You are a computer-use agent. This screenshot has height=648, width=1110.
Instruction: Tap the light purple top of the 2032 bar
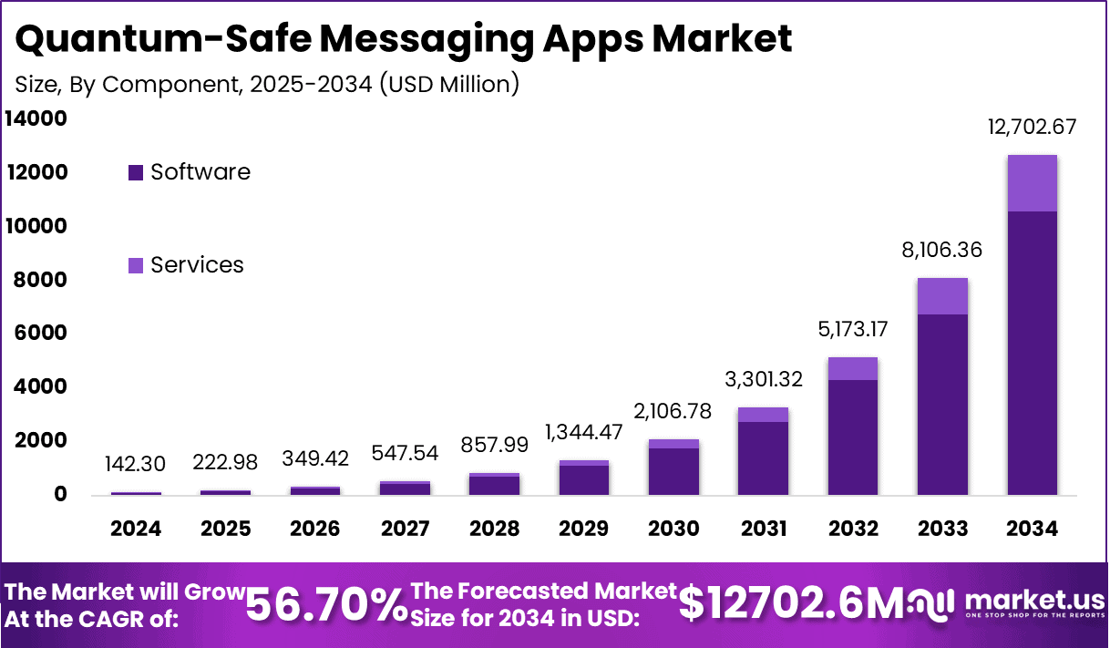click(x=853, y=368)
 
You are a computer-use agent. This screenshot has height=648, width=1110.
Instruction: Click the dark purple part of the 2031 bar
click(x=763, y=458)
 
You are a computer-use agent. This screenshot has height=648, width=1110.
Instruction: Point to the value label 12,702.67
click(x=1032, y=128)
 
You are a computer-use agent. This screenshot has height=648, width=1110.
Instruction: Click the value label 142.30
click(x=136, y=464)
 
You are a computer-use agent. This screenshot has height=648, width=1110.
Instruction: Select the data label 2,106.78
click(x=673, y=411)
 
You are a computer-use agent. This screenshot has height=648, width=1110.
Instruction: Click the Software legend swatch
click(x=136, y=172)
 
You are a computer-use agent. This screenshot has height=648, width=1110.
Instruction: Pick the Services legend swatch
click(x=136, y=265)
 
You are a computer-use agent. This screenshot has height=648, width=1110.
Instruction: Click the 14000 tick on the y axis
click(x=37, y=118)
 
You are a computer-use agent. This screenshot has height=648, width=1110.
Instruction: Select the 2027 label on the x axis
click(x=405, y=530)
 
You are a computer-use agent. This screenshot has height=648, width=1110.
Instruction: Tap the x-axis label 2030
click(x=673, y=530)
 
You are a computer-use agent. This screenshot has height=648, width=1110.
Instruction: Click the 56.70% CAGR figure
click(x=327, y=603)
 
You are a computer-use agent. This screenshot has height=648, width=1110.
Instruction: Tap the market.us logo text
click(x=1033, y=600)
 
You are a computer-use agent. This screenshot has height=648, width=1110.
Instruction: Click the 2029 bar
click(x=583, y=478)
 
